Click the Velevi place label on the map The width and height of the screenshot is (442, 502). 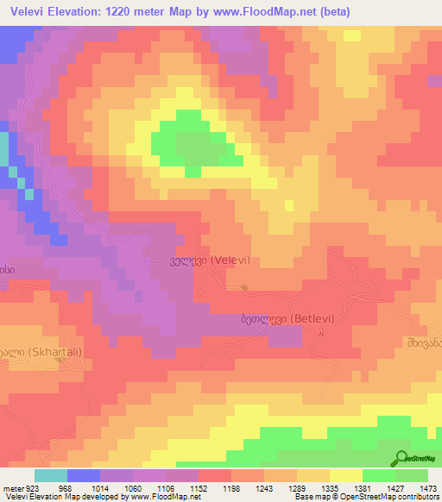coord(199,259)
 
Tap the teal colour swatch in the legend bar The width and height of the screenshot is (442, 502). coord(51,475)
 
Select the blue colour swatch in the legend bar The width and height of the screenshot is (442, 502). coord(84,475)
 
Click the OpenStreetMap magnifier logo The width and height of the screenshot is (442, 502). coord(401,458)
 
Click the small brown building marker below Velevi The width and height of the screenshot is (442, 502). coord(245,288)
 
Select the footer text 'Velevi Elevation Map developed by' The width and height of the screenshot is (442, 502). coord(54,498)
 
